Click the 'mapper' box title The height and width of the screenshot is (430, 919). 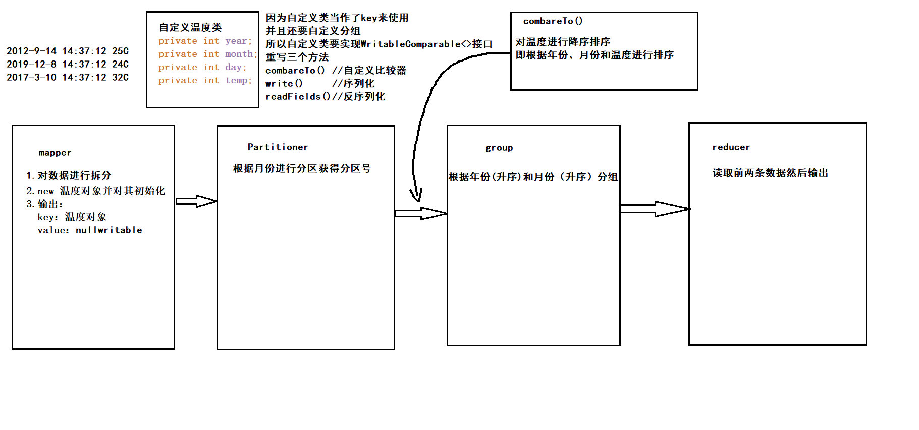(55, 153)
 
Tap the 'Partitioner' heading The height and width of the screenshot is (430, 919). (278, 147)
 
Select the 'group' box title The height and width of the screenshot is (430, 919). (499, 148)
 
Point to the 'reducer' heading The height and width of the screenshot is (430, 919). (731, 147)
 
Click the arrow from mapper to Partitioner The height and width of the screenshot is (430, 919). (196, 201)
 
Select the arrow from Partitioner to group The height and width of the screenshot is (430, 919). (420, 213)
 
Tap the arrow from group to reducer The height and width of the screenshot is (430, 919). (655, 209)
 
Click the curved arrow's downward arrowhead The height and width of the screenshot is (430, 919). (416, 196)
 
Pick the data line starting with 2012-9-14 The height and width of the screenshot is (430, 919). (68, 51)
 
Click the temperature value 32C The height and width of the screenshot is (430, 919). (120, 77)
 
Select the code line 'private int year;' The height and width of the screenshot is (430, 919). (205, 41)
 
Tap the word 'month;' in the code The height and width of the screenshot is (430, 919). (241, 54)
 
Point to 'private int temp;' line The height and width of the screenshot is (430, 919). (205, 80)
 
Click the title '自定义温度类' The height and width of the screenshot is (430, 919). (190, 27)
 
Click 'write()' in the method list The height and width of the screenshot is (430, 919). (284, 83)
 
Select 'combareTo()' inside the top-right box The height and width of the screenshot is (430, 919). (553, 21)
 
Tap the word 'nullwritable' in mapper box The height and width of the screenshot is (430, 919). (109, 230)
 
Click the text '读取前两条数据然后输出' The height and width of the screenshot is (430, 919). (770, 173)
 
